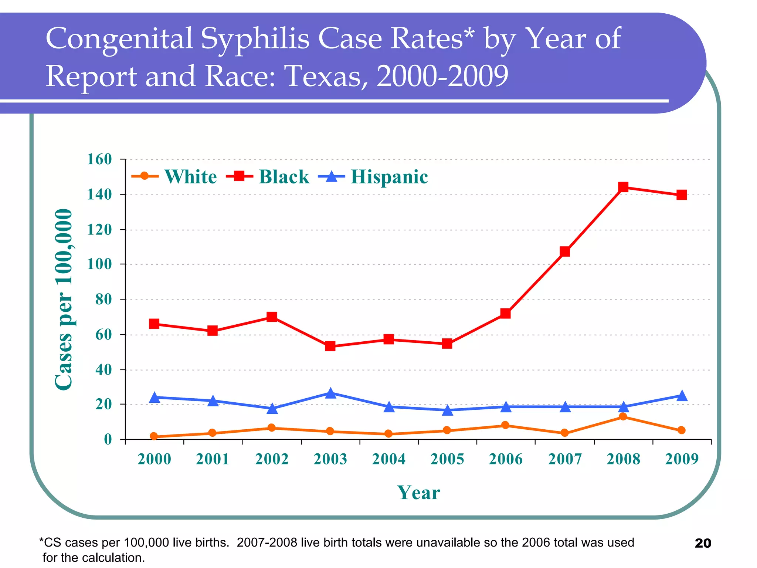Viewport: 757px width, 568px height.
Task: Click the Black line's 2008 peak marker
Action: click(x=623, y=187)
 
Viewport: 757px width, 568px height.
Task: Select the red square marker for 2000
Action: click(x=154, y=324)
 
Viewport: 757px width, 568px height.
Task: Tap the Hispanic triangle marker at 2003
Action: click(x=330, y=393)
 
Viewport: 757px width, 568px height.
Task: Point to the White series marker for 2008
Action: click(x=623, y=417)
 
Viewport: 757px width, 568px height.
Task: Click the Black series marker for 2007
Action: click(x=565, y=251)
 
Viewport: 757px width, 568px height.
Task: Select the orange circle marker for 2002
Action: click(x=272, y=428)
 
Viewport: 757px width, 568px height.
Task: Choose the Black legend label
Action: click(x=284, y=177)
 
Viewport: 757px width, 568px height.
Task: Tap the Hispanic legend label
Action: click(x=389, y=177)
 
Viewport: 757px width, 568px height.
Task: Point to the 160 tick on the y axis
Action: click(x=99, y=159)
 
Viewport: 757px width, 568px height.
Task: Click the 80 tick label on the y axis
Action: click(x=103, y=300)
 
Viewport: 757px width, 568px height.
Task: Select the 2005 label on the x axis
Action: click(x=447, y=459)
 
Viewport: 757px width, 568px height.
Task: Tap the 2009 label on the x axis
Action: click(x=682, y=459)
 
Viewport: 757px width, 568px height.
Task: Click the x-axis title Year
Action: click(x=418, y=493)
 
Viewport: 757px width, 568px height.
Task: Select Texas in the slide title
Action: click(x=327, y=76)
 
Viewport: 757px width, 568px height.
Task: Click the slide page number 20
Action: click(x=703, y=543)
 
